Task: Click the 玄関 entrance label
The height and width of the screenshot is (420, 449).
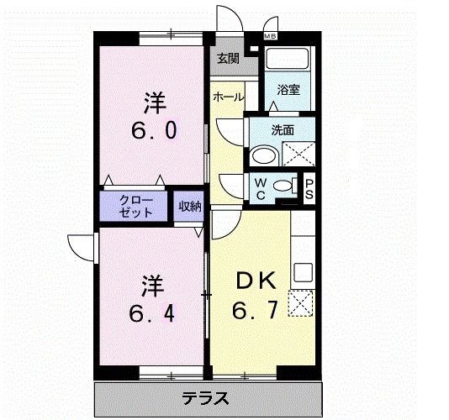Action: [227, 59]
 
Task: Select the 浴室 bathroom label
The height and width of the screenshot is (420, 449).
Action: [289, 90]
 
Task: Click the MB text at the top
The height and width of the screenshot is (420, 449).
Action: [271, 37]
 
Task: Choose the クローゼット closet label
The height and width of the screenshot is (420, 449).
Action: [136, 207]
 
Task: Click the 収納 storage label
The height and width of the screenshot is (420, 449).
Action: [189, 207]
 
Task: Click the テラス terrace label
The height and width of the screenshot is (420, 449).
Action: [206, 397]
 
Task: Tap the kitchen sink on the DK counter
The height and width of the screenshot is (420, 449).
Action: [303, 272]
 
